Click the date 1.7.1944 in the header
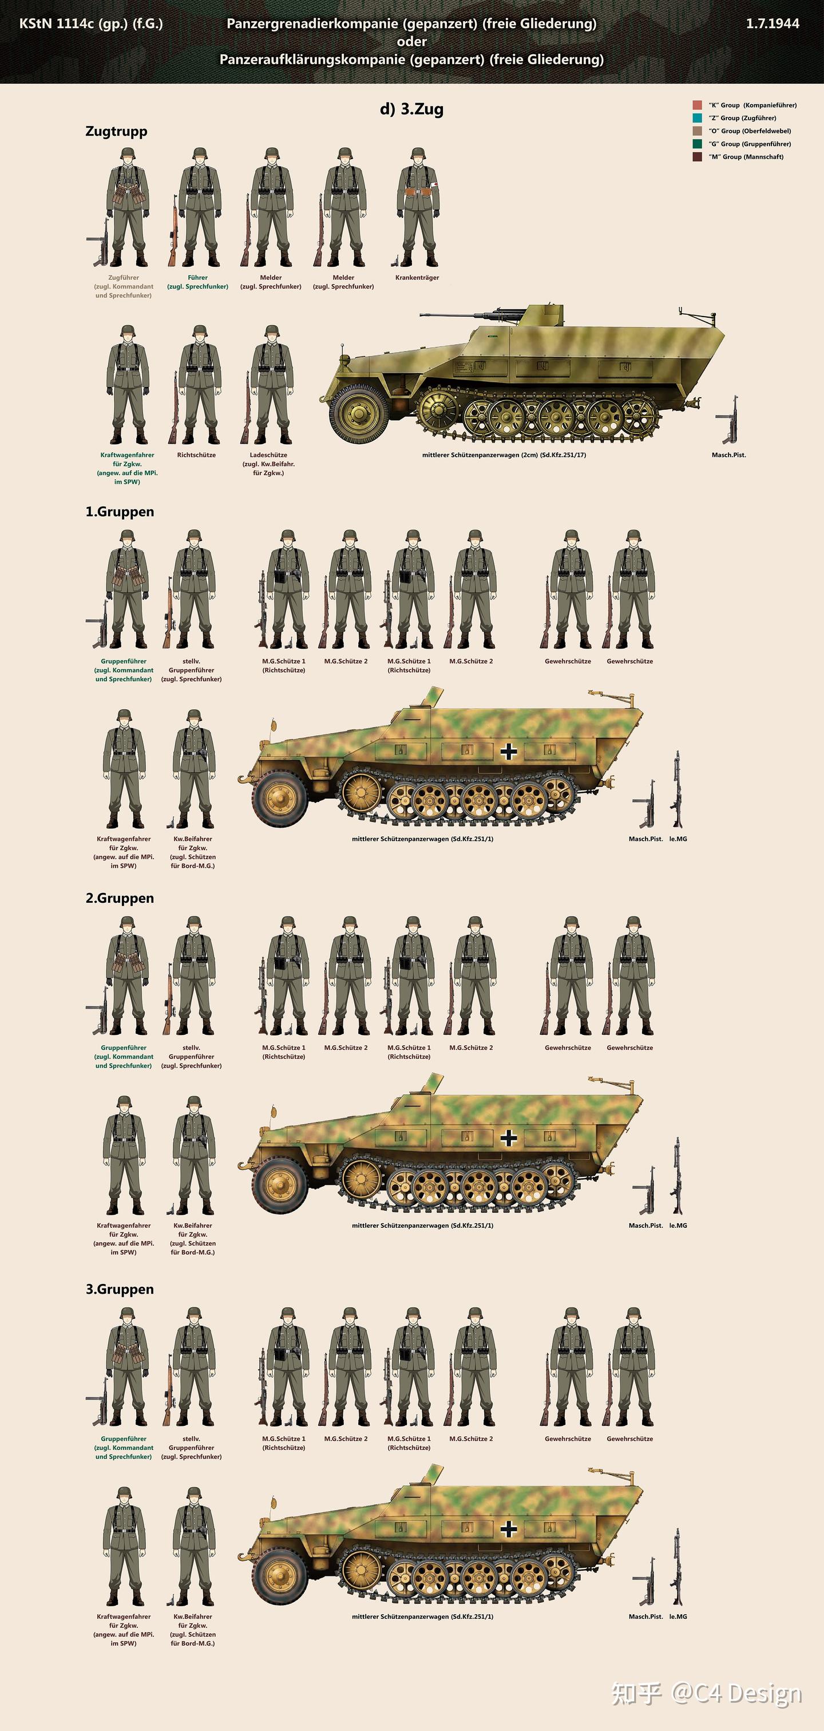tap(772, 23)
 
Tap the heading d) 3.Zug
tap(411, 109)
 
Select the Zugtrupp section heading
tap(116, 132)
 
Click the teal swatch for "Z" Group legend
tap(697, 117)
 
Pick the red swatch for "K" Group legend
tap(697, 105)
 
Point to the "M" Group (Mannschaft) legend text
tap(746, 157)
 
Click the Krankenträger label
tap(417, 278)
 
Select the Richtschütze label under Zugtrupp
tap(197, 455)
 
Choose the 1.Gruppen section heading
tap(120, 512)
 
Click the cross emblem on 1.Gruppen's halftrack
tap(508, 750)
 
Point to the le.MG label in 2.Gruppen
tap(678, 1226)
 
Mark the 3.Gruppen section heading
tap(120, 1290)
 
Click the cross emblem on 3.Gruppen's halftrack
tap(508, 1529)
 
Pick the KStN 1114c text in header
tap(57, 23)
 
